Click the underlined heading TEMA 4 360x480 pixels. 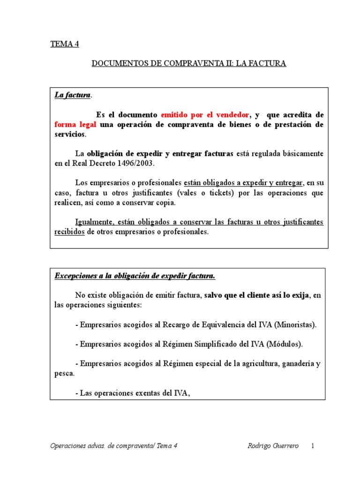(x=65, y=45)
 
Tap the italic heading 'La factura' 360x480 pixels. (x=72, y=95)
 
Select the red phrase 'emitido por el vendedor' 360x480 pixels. (x=205, y=115)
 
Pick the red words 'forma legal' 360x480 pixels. (x=75, y=124)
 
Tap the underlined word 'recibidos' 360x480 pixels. (x=69, y=232)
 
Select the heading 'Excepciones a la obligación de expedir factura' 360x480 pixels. (x=135, y=276)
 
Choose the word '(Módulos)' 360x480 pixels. (x=285, y=344)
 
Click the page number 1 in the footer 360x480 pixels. (x=312, y=445)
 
